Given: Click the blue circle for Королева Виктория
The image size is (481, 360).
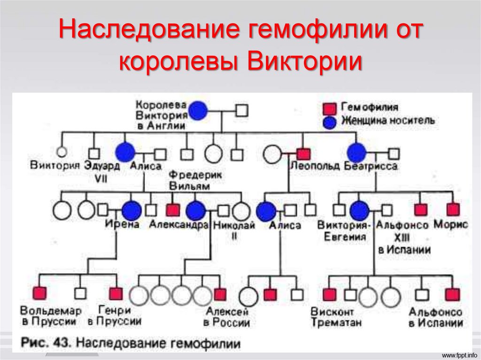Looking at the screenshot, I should click(198, 111).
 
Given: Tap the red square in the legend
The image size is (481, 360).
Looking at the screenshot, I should click(329, 108).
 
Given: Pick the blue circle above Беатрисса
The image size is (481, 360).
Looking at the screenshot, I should click(357, 153).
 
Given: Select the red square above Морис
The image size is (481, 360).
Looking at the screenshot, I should click(453, 209).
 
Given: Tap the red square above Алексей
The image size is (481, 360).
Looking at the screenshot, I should click(220, 294).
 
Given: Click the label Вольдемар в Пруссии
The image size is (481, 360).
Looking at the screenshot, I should click(51, 316).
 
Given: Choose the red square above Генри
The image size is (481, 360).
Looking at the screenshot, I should click(116, 294).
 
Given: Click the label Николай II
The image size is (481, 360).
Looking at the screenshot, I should click(234, 230).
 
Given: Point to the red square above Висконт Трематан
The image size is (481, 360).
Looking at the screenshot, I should click(329, 294).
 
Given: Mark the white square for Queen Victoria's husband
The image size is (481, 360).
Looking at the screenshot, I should click(242, 111).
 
